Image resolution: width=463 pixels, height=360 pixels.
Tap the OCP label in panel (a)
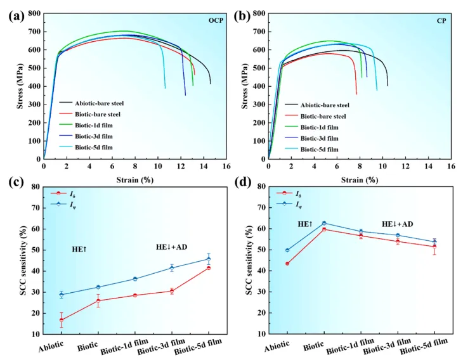217,20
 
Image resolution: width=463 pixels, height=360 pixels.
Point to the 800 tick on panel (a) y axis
33,13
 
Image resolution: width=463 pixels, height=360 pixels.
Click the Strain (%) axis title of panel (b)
359,179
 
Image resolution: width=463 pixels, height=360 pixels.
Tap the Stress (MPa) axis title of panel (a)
20,86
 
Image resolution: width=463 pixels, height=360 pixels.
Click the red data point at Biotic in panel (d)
324,229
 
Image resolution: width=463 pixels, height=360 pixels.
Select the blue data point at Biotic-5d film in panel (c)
209,259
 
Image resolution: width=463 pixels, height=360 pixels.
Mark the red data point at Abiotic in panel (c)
62,320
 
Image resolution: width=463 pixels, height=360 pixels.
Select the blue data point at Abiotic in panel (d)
287,250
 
